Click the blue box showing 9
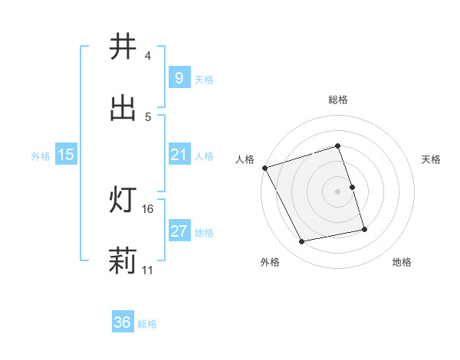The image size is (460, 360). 178,78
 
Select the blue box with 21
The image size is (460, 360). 178,155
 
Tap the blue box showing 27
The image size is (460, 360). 178,231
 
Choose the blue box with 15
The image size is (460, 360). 66,155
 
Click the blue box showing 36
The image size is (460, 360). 122,322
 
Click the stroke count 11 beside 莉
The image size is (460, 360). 148,270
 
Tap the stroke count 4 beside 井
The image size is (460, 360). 147,56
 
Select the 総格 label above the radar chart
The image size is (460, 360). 337,100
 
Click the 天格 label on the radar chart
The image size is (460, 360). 432,159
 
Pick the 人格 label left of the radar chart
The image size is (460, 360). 245,159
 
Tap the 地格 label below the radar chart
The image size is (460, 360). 402,262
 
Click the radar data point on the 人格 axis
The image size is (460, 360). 264,168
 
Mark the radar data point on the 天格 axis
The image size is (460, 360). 352,187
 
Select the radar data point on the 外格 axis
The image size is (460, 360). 302,241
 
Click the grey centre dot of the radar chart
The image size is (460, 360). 337,191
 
